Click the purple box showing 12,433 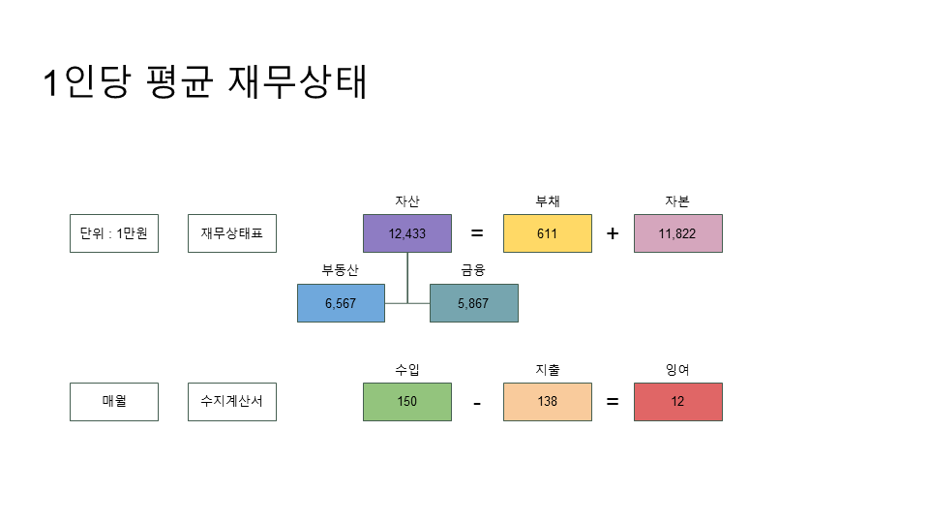pyautogui.click(x=407, y=233)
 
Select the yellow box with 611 pyautogui.click(x=548, y=233)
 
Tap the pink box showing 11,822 pyautogui.click(x=677, y=233)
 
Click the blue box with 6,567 pyautogui.click(x=341, y=303)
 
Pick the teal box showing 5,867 pyautogui.click(x=473, y=303)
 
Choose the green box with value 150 pyautogui.click(x=407, y=402)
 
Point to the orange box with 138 pyautogui.click(x=548, y=402)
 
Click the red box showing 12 pyautogui.click(x=677, y=402)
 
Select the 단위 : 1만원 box pyautogui.click(x=114, y=233)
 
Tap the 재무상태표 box pyautogui.click(x=232, y=233)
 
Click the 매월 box pyautogui.click(x=114, y=402)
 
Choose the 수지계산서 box pyautogui.click(x=232, y=402)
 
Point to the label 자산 pyautogui.click(x=407, y=201)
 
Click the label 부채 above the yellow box pyautogui.click(x=548, y=201)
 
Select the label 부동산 pyautogui.click(x=341, y=270)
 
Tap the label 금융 pyautogui.click(x=473, y=270)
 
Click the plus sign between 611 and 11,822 pyautogui.click(x=613, y=233)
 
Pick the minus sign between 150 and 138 pyautogui.click(x=477, y=403)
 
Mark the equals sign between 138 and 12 pyautogui.click(x=613, y=402)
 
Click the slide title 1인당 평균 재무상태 pyautogui.click(x=205, y=83)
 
